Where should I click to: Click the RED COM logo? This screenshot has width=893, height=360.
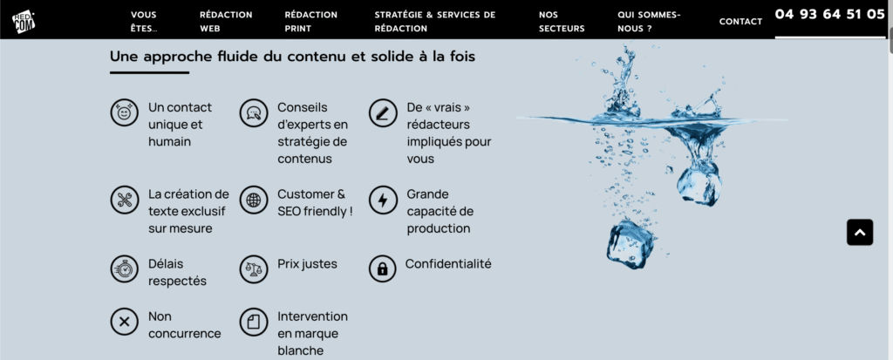[x=24, y=22]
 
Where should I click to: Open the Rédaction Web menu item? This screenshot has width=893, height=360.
[x=226, y=21]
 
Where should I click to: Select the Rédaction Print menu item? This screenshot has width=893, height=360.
[x=310, y=21]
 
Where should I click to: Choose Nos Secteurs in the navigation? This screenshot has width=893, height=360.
[x=562, y=21]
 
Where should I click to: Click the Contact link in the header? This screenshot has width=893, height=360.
[x=740, y=22]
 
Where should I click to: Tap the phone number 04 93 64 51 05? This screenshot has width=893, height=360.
[x=829, y=14]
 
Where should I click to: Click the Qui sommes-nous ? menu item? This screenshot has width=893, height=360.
[x=649, y=21]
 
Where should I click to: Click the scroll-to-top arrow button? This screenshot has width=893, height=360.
[x=859, y=232]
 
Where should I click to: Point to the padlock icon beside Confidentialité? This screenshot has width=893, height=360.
[x=382, y=268]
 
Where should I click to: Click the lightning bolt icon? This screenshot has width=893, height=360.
[x=382, y=200]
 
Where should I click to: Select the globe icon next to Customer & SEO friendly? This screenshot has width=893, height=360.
[x=253, y=200]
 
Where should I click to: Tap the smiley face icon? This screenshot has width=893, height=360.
[x=124, y=113]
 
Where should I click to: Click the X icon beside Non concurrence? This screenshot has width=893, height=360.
[x=124, y=322]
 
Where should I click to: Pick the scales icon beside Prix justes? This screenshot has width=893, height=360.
[x=253, y=268]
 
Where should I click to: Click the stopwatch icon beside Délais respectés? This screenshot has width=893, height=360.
[x=124, y=268]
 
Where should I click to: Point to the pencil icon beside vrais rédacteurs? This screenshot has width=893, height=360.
[x=382, y=113]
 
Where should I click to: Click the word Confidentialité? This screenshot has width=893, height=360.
[x=448, y=263]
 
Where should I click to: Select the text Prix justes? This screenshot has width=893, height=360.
[x=307, y=263]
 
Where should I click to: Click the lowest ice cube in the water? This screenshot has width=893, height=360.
[x=631, y=243]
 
